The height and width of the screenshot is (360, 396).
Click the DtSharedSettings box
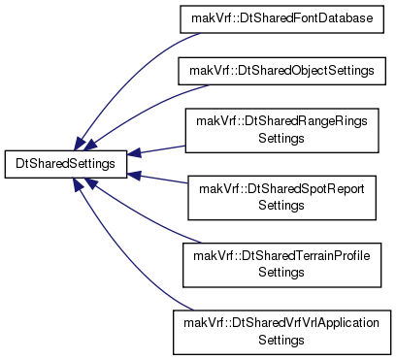pos(66,164)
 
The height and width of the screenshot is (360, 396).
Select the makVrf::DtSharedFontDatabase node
pos(281,18)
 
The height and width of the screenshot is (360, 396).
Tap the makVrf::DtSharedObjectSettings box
pos(281,71)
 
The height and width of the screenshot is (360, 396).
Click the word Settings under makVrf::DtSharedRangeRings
pos(281,139)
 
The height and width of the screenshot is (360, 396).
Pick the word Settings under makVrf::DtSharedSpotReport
pos(281,206)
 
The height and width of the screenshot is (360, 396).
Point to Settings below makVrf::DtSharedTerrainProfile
pos(281,273)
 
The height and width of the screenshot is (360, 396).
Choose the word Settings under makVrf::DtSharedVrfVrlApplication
pos(281,341)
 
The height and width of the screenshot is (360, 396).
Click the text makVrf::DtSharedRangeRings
pos(281,121)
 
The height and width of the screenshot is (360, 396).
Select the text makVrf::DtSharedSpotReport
pos(281,189)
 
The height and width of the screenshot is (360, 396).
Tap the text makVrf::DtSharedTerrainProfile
pos(281,256)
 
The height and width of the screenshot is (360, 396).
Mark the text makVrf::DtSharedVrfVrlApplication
pos(281,323)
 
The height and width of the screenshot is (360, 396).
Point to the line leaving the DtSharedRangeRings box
pos(163,149)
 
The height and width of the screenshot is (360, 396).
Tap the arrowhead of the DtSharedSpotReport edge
pos(134,176)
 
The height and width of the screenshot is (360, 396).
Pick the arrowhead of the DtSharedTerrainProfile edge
pos(90,183)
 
